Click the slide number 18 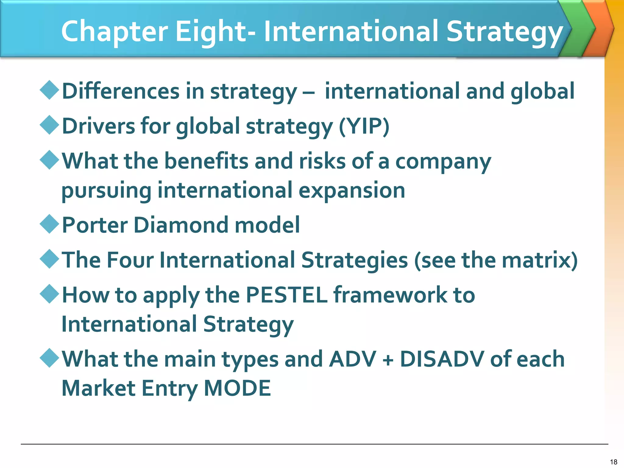[613, 462]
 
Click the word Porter [95, 225]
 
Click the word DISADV [442, 359]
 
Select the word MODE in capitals [237, 388]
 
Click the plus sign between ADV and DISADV [388, 360]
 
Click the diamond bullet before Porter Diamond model [49, 224]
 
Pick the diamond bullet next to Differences [49, 90]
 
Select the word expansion [352, 191]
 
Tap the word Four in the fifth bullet [130, 260]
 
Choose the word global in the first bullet [542, 91]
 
